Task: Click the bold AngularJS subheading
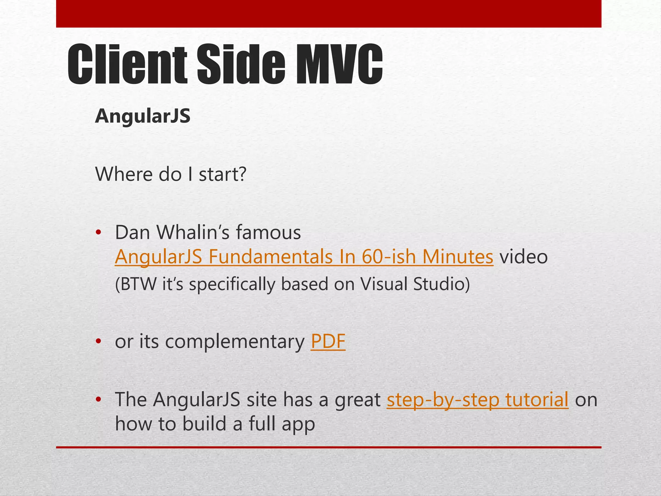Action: tap(143, 116)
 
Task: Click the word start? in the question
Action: tap(222, 174)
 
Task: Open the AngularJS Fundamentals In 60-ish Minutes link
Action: tap(304, 257)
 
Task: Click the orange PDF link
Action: tap(328, 341)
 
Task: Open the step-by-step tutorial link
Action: tap(477, 400)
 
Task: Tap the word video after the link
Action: tap(524, 257)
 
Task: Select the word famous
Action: tap(269, 232)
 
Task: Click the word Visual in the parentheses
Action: tap(383, 284)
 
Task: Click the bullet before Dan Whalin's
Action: tap(98, 232)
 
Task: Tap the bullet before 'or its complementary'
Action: tap(98, 342)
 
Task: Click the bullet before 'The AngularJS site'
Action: tap(98, 400)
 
